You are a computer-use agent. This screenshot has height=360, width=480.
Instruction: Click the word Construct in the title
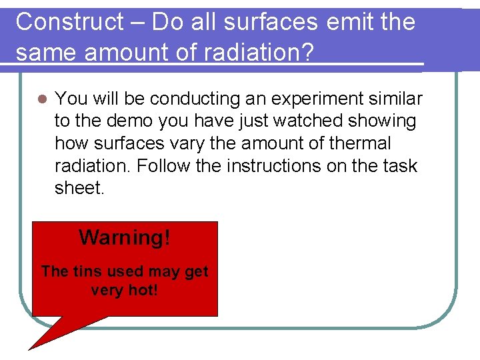70,22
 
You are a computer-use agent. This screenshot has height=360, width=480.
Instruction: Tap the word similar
399,99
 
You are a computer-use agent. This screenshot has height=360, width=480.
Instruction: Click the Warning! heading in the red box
125,237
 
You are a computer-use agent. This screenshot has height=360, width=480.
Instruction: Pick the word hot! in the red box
142,291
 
